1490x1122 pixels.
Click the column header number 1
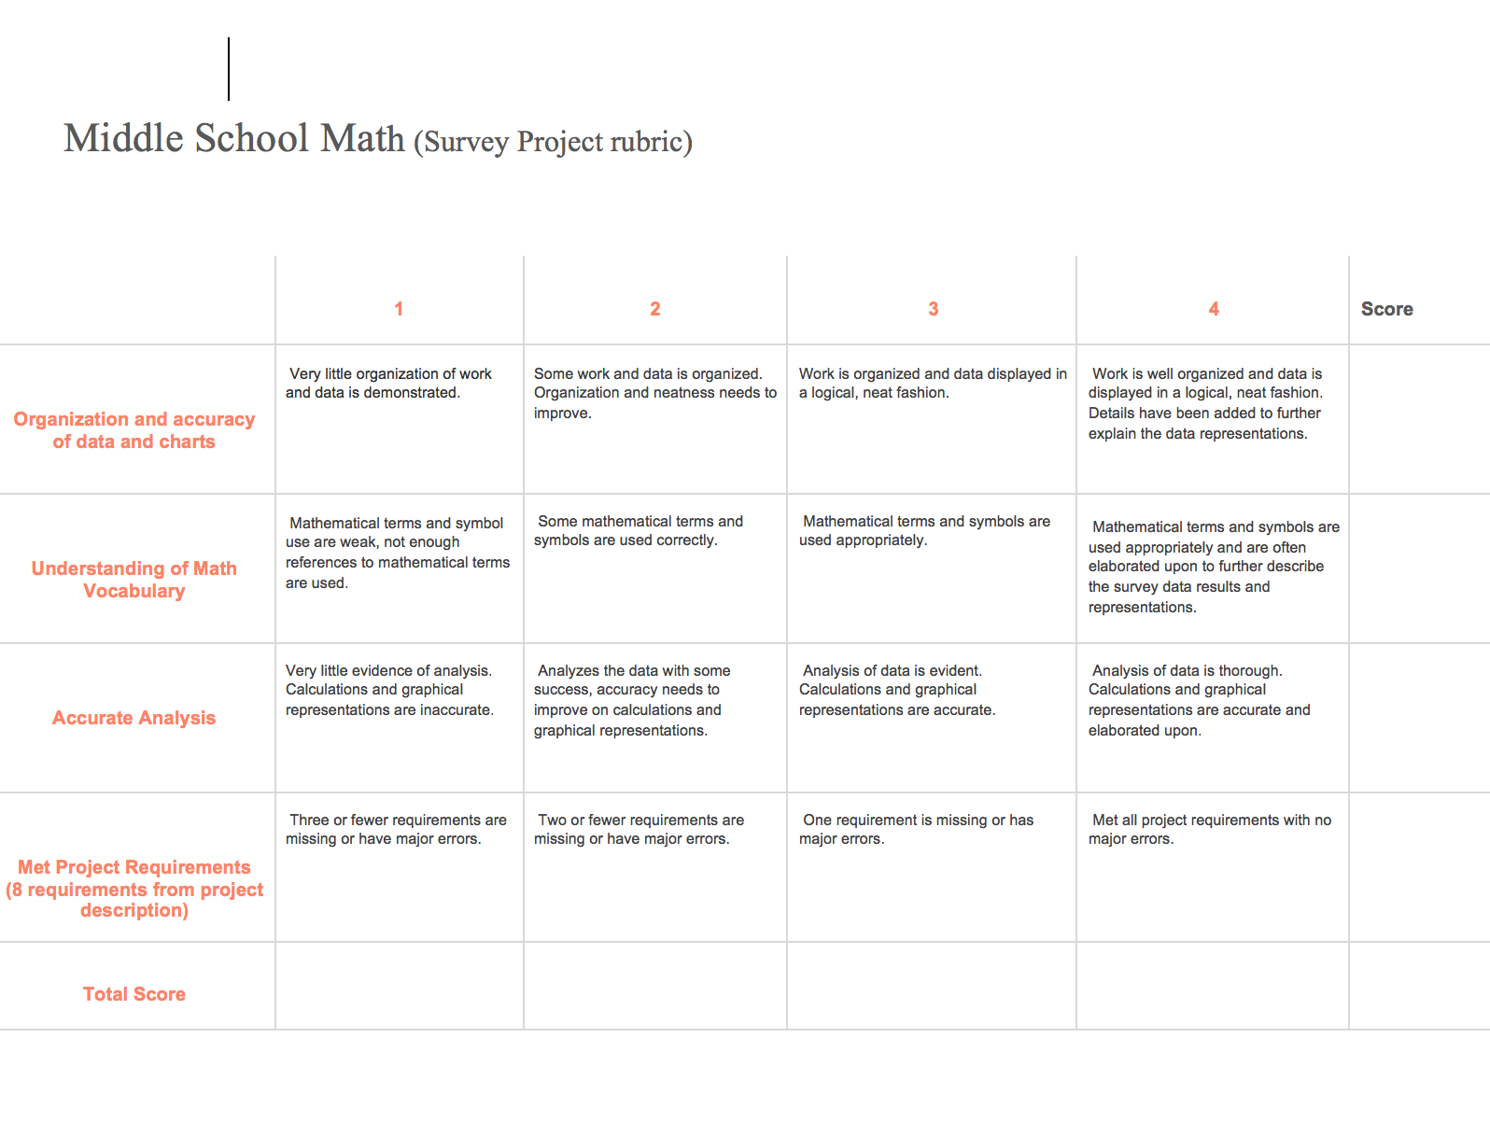[399, 309]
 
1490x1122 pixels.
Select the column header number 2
[655, 309]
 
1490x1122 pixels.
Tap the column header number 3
[933, 309]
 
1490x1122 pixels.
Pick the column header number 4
[1214, 309]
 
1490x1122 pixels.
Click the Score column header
[1386, 309]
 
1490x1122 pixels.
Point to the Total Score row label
[134, 994]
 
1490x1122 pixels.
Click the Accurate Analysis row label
[134, 718]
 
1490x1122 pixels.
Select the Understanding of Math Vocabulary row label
[134, 580]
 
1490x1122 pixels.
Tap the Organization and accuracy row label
[134, 430]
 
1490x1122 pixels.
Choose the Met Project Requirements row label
[134, 888]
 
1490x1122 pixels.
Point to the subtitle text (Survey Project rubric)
[553, 142]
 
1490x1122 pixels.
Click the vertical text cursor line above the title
[229, 69]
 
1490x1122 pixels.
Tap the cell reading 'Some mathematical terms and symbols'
[640, 531]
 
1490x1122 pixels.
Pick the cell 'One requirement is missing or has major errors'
[918, 830]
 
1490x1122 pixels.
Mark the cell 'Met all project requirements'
[1211, 830]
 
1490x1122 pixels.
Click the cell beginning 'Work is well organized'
[1205, 403]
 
